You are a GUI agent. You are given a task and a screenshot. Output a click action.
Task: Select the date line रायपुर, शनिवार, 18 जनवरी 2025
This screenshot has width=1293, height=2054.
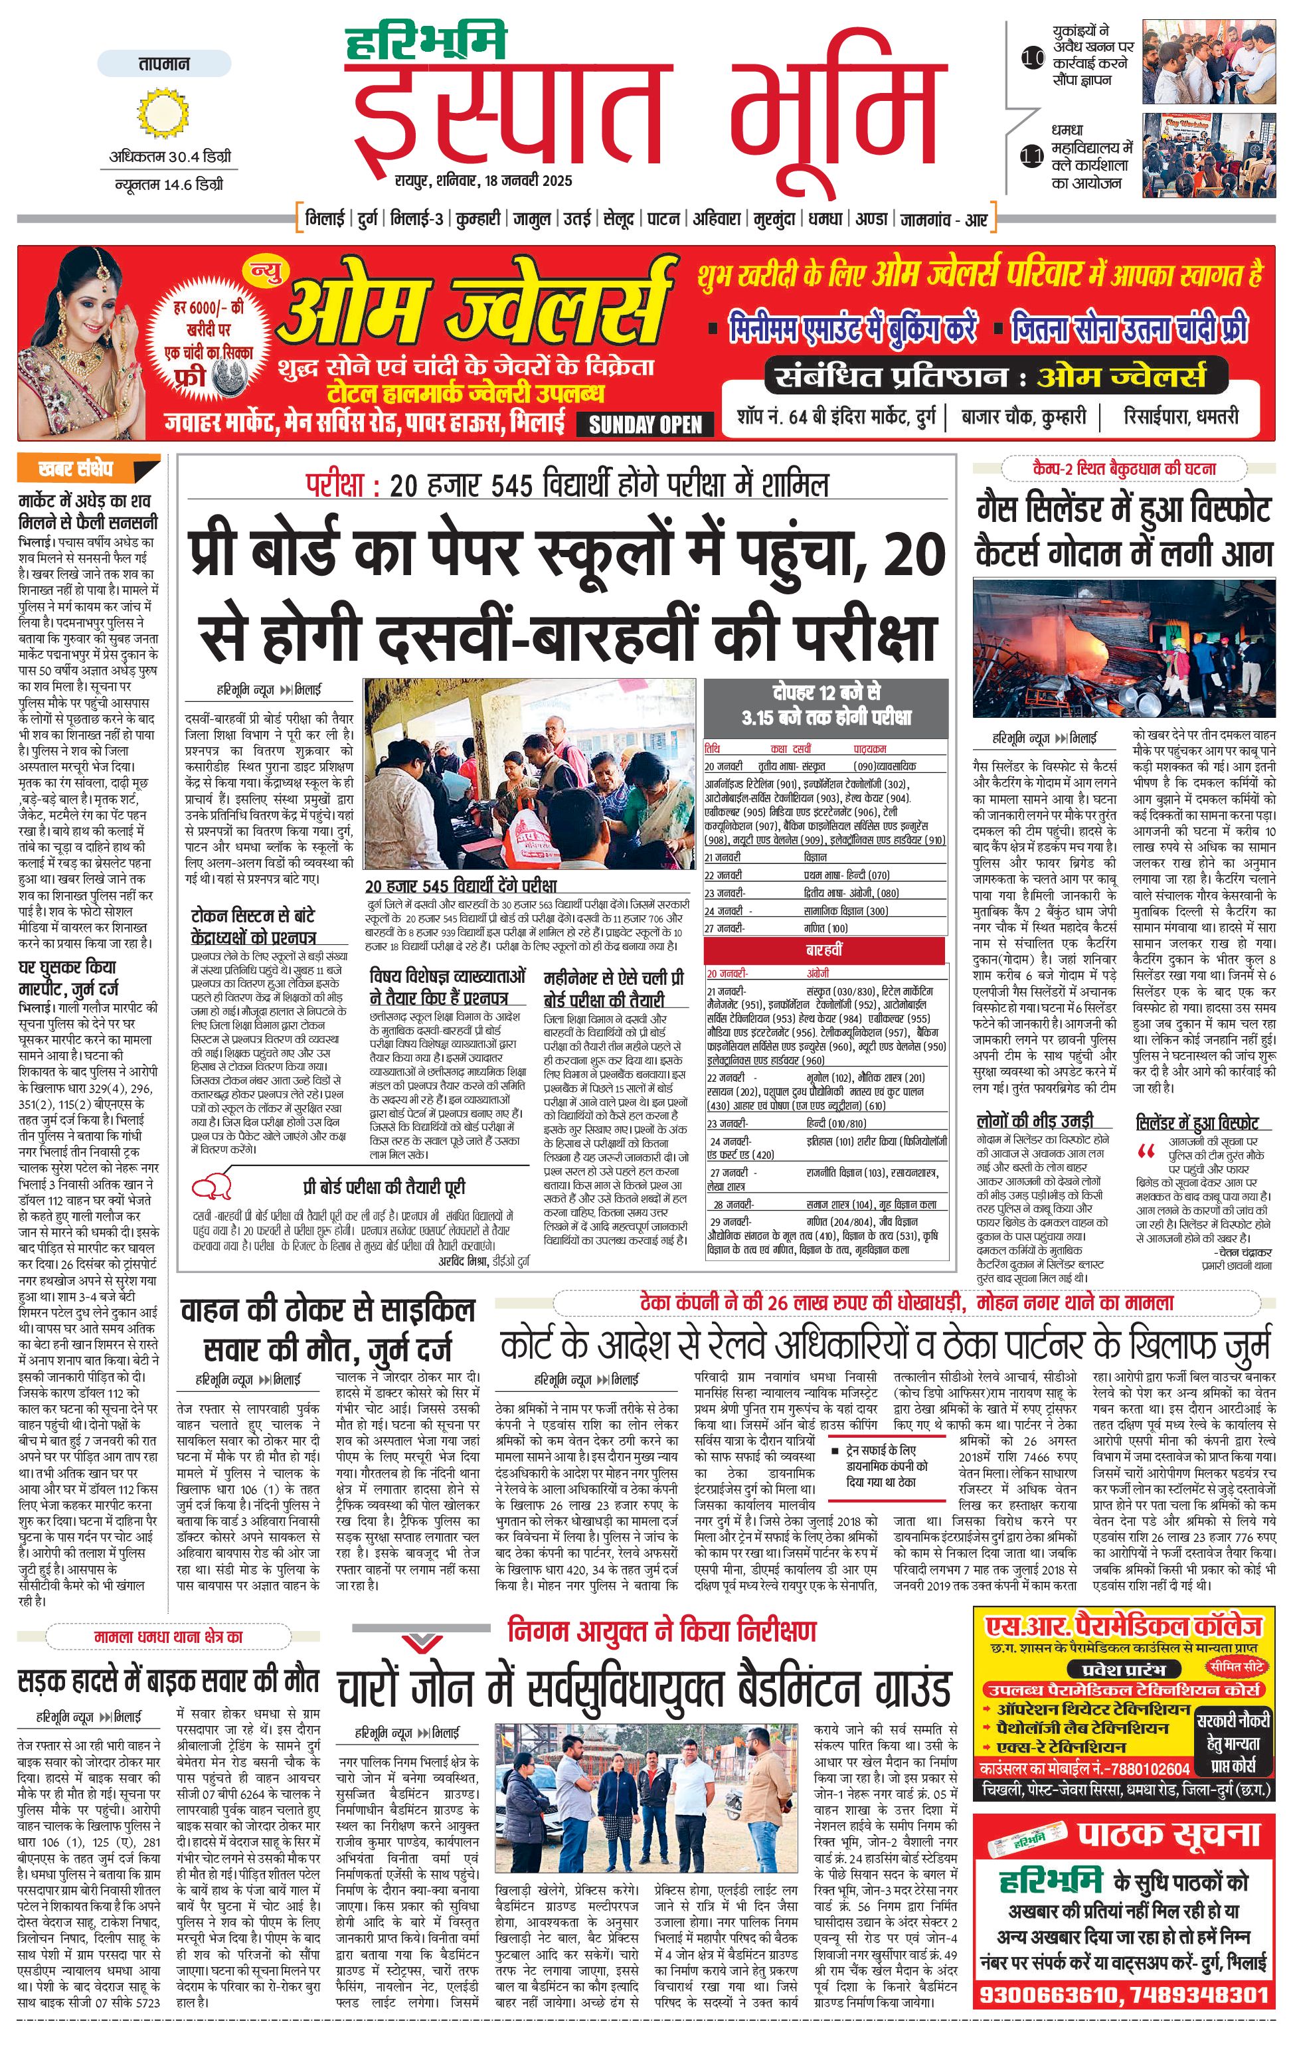483,181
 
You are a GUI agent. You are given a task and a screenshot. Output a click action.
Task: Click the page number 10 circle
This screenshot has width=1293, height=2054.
1032,59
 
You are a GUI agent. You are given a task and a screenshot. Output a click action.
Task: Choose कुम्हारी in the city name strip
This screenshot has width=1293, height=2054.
477,219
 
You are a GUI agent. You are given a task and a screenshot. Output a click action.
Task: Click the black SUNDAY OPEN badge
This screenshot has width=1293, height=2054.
645,424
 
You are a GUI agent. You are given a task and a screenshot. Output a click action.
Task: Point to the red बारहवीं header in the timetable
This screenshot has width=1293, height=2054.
825,950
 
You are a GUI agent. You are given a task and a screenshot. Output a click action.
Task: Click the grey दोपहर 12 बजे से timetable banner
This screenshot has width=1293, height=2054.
825,705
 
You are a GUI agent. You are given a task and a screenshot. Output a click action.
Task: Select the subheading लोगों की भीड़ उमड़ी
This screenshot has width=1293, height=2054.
1035,1121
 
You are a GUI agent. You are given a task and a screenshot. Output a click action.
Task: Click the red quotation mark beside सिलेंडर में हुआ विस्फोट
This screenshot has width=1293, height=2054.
1146,1152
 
